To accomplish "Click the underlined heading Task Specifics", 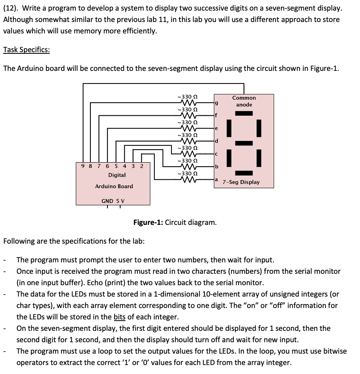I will coord(26,50).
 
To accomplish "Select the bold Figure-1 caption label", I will coord(148,222).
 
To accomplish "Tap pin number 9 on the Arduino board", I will coord(83,166).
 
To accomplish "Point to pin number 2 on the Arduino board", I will coord(142,166).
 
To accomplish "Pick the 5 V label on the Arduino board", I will coord(121,201).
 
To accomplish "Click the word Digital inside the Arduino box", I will coord(117,175).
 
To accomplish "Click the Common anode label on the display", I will coord(244,101).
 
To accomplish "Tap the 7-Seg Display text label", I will coord(241,182).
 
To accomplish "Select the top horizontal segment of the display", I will coord(244,113).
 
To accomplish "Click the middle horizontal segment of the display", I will coord(244,143).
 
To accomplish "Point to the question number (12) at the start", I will coord(10,8).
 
